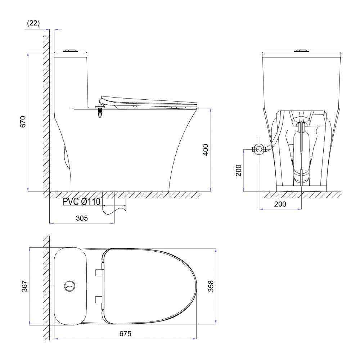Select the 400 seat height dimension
[x=206, y=150]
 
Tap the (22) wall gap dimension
[x=33, y=23]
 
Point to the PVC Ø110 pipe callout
[x=81, y=202]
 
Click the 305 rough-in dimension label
[x=82, y=218]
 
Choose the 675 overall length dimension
[x=125, y=334]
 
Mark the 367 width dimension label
[x=24, y=286]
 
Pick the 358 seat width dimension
[x=211, y=286]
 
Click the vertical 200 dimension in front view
[x=239, y=170]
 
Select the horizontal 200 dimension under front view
[x=280, y=204]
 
